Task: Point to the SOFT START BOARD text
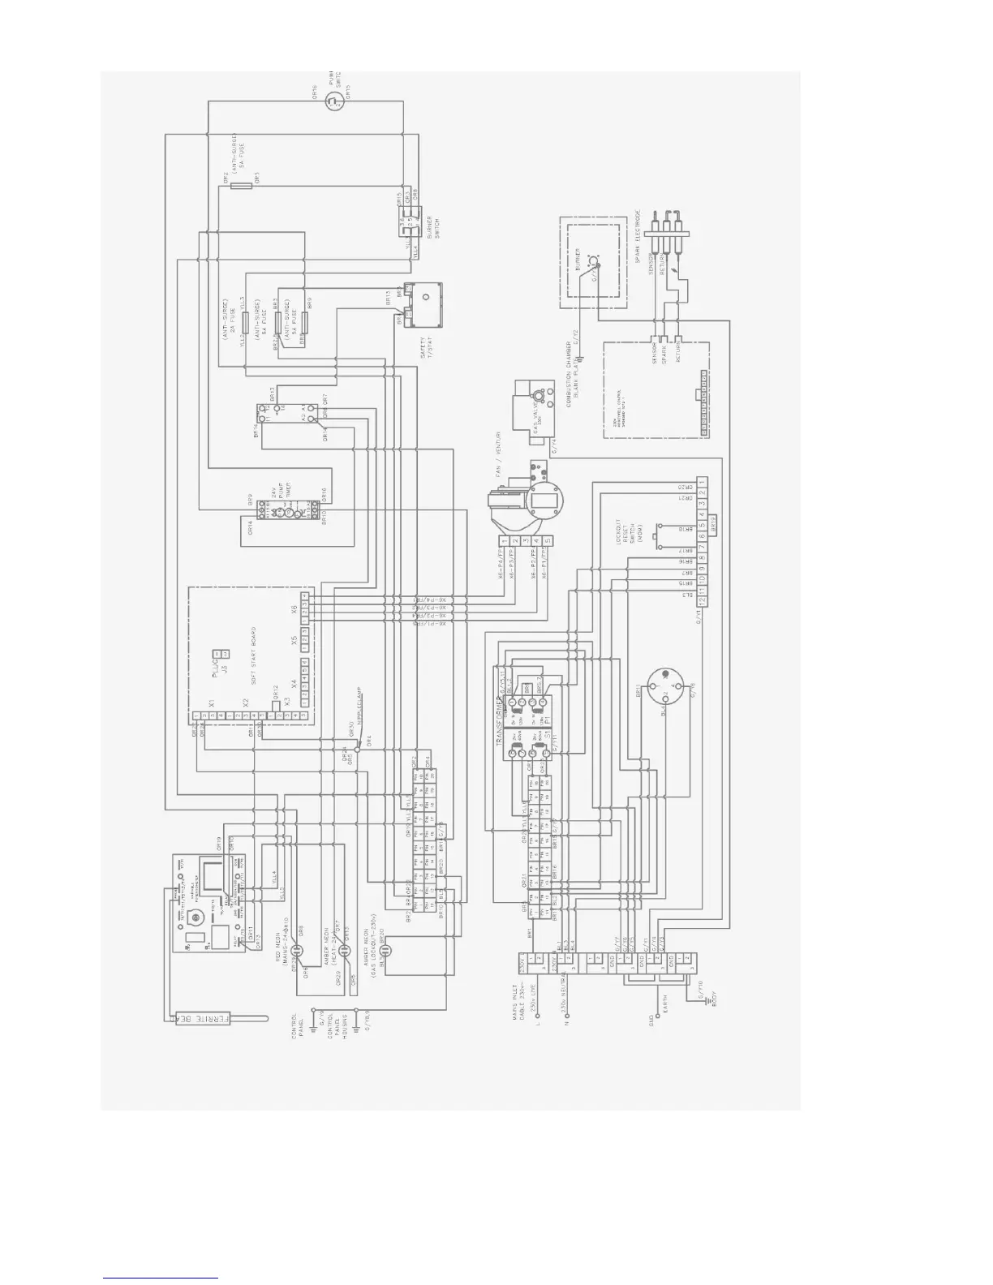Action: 254,656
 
